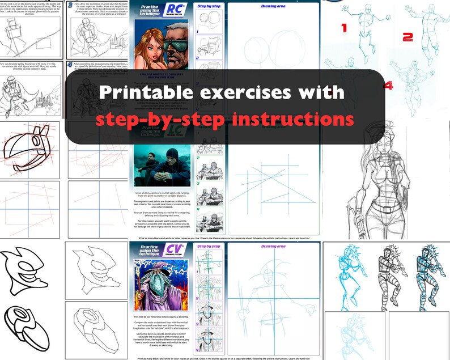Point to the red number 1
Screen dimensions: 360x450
344,27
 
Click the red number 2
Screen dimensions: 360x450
407,37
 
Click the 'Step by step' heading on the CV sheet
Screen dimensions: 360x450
209,247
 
